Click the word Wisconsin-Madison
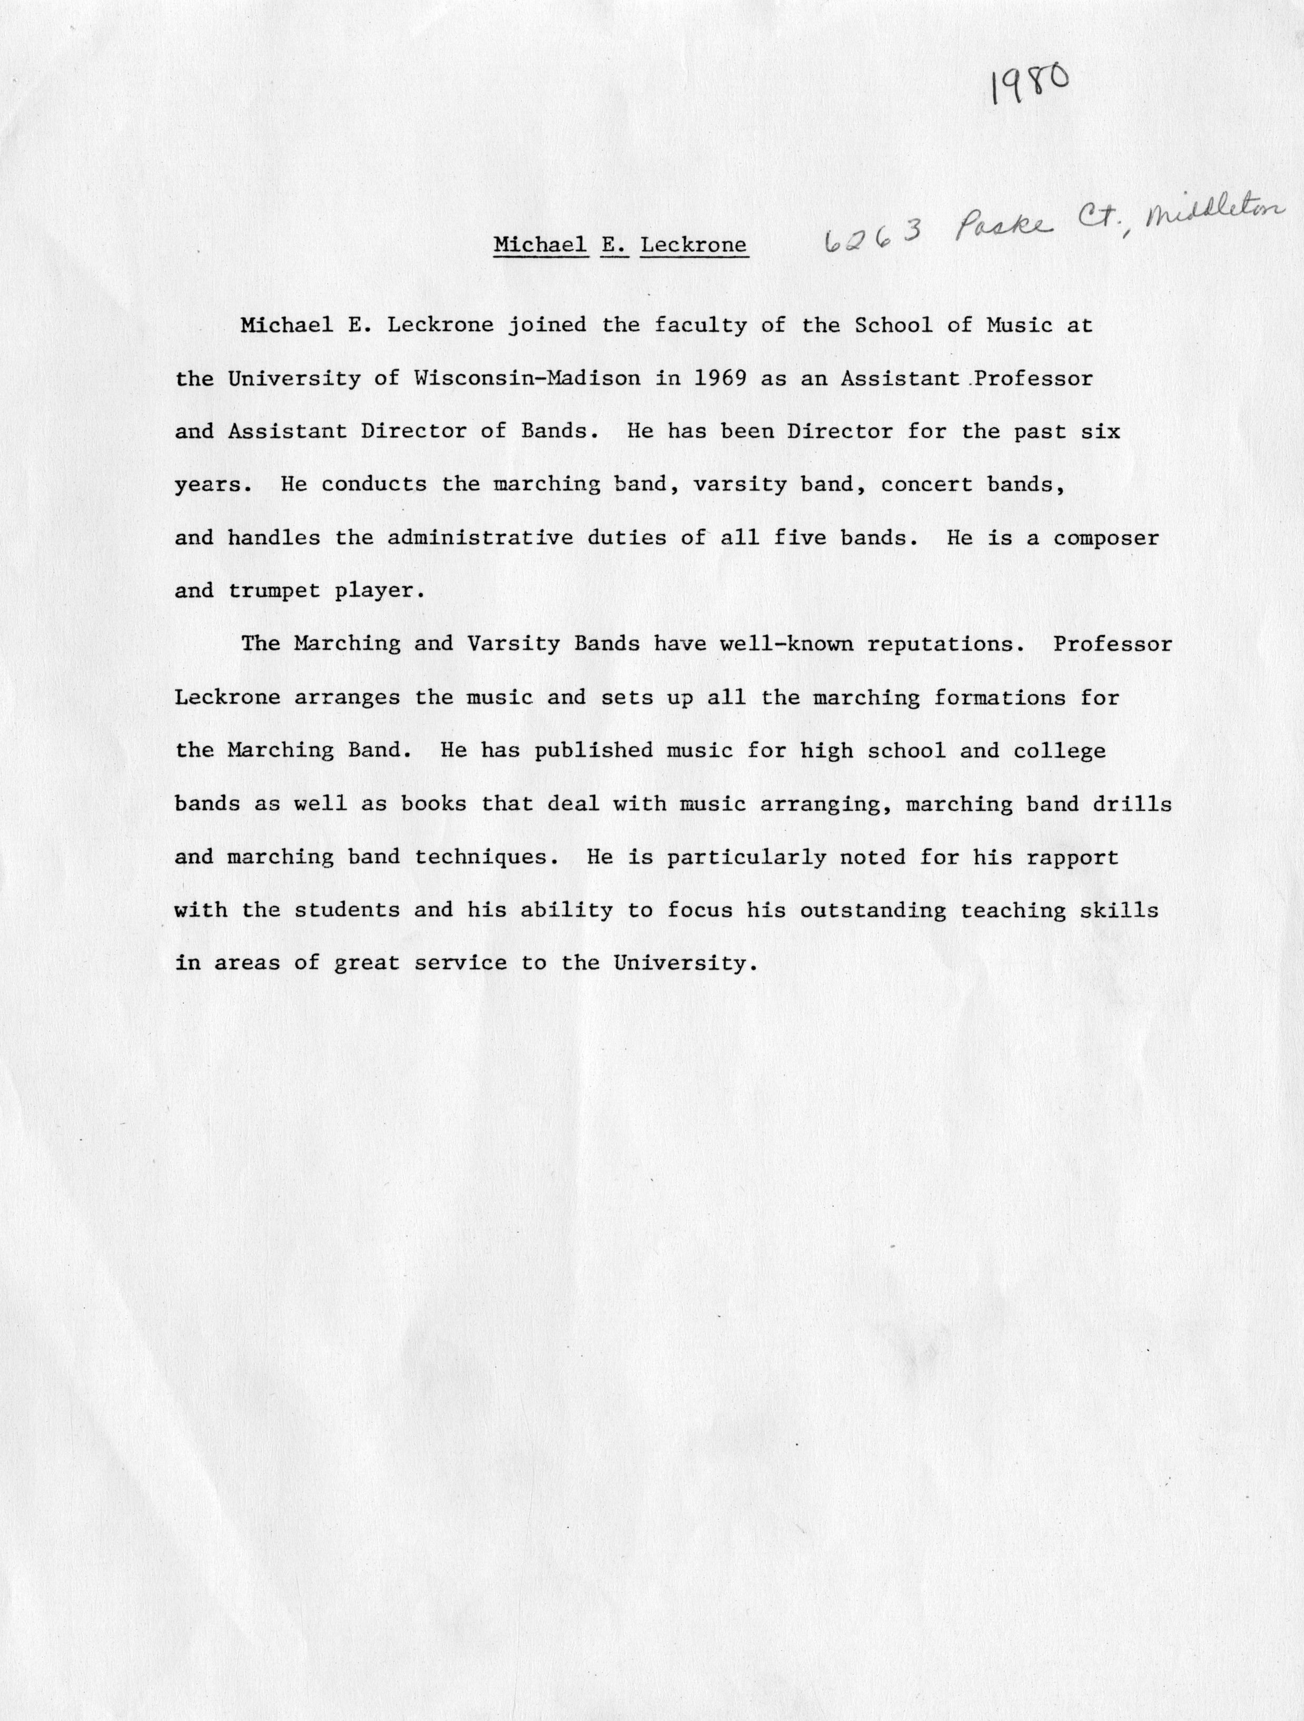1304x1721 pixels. pyautogui.click(x=528, y=379)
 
